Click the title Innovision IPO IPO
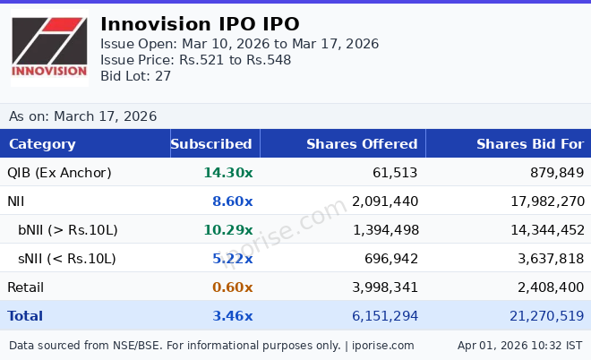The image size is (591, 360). pyautogui.click(x=200, y=24)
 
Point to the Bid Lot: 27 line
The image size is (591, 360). pyautogui.click(x=135, y=76)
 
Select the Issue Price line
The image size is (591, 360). pyautogui.click(x=195, y=60)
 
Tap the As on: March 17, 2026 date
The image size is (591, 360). pyautogui.click(x=82, y=116)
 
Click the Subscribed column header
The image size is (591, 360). pyautogui.click(x=211, y=144)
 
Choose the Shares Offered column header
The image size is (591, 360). pyautogui.click(x=362, y=144)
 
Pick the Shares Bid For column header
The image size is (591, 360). pyautogui.click(x=529, y=144)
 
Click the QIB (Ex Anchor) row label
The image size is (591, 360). pyautogui.click(x=59, y=173)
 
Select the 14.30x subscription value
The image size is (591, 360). pyautogui.click(x=227, y=173)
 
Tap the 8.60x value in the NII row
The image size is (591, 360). pyautogui.click(x=232, y=201)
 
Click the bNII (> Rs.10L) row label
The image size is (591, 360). pyautogui.click(x=68, y=230)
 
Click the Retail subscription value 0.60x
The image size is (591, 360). pyautogui.click(x=232, y=287)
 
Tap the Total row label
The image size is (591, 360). pyautogui.click(x=25, y=316)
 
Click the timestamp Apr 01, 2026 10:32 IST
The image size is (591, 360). pyautogui.click(x=519, y=345)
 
